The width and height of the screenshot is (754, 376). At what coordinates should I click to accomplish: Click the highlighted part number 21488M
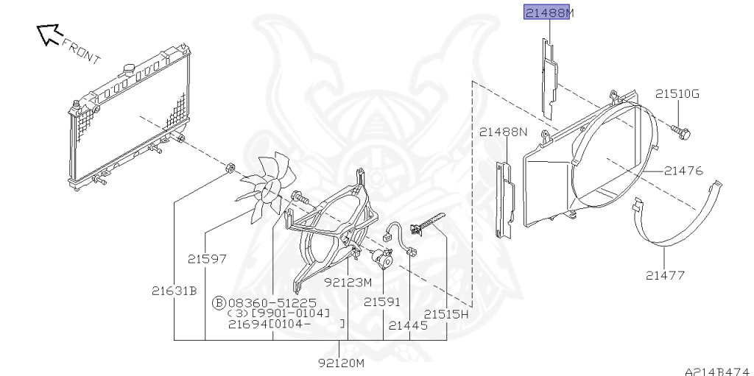point(547,13)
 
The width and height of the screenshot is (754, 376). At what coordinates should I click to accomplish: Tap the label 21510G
point(677,93)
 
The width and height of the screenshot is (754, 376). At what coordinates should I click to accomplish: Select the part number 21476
point(683,171)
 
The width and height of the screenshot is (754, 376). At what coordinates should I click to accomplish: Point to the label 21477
point(665,275)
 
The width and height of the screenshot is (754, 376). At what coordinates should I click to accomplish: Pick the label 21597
point(207,259)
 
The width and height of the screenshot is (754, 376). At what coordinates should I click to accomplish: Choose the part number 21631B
point(174,291)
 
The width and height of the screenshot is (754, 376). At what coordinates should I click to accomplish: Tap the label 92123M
point(348,283)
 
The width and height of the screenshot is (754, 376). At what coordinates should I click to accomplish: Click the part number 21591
point(382,302)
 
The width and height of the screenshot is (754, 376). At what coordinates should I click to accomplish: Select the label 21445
point(408,325)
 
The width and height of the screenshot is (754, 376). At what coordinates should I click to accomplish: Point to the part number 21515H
point(445,314)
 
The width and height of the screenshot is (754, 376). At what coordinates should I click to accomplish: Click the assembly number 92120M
point(342,363)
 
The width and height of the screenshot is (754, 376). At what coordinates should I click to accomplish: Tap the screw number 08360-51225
point(272,303)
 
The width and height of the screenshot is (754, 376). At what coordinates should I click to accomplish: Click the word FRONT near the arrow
point(81,50)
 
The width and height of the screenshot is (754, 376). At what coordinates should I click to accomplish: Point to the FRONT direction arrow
point(49,34)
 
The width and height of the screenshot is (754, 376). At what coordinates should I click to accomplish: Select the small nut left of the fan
point(230,169)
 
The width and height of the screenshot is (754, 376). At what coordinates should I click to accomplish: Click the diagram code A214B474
point(719,372)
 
